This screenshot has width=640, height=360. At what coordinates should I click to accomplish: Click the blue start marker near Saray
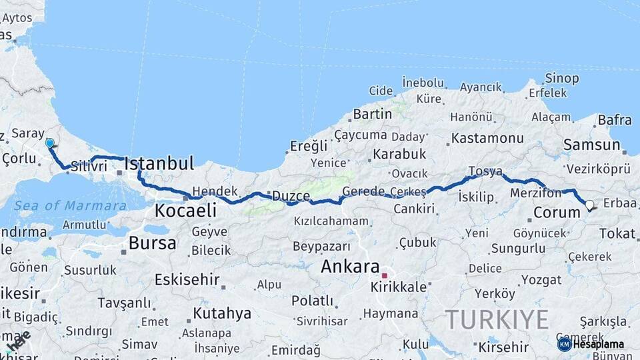point(49,143)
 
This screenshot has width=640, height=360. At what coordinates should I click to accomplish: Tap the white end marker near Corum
point(589,205)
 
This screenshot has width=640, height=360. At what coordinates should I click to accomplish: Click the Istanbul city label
point(159,163)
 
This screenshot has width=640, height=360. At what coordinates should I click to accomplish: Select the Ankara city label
point(350,266)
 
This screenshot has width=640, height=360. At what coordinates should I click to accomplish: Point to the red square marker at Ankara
point(384,275)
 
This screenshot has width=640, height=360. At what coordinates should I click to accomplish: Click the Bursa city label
point(153,243)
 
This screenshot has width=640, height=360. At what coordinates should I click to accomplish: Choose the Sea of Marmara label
point(70,205)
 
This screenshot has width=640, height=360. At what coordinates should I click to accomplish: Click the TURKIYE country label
point(497,319)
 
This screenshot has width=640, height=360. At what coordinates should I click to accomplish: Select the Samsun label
point(591,145)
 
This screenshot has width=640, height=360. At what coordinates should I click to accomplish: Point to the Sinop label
point(561,79)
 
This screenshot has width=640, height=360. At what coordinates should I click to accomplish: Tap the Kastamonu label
point(487,138)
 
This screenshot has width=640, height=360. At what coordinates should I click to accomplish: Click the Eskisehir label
point(187,279)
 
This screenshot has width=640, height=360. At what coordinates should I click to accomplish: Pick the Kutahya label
point(222,313)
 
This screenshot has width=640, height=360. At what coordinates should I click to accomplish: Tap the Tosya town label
point(485,171)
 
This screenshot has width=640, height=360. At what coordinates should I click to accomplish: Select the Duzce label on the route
point(290,196)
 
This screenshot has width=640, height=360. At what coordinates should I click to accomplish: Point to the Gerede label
point(363,191)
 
